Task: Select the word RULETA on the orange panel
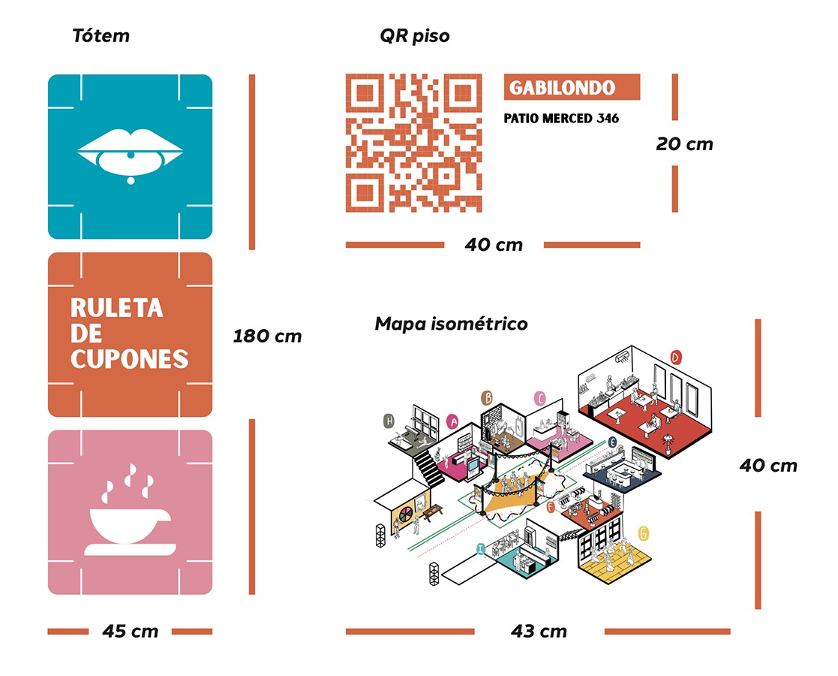coord(116,309)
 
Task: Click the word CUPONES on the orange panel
coord(129,358)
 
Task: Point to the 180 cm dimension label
coord(267,336)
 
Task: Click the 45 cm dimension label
coord(131,631)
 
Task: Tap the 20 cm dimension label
coord(683,143)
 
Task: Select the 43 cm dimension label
coord(539,631)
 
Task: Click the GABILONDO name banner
coord(572,87)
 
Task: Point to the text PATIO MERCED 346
coord(561,119)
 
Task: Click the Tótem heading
coord(101,35)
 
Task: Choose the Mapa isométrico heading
coord(451,324)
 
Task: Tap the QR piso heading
coord(415,35)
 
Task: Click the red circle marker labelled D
coord(675,358)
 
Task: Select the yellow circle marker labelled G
coord(644,533)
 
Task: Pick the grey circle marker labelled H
coord(389,421)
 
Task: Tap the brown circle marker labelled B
coord(487,397)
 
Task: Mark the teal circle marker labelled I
coord(480,549)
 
